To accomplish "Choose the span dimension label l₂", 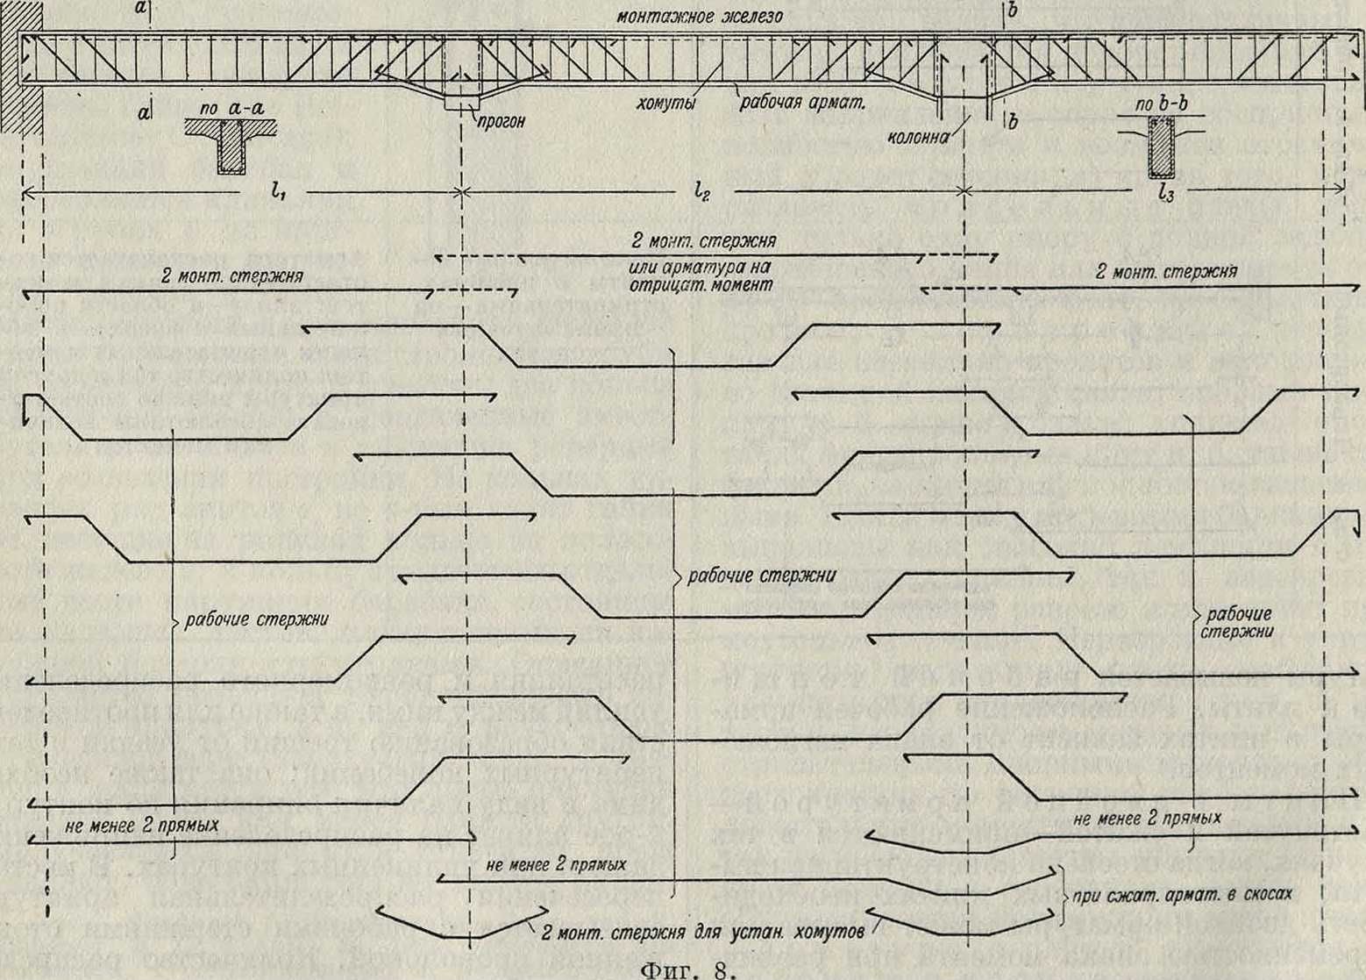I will tap(701, 190).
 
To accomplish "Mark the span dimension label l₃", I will tap(1165, 194).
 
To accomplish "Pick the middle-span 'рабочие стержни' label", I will tap(760, 576).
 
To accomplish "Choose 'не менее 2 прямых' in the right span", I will tap(1147, 818).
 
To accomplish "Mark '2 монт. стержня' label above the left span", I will tap(232, 276).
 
